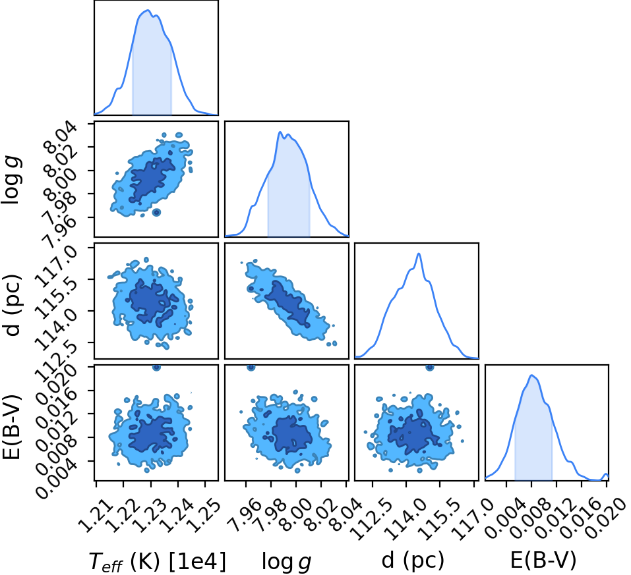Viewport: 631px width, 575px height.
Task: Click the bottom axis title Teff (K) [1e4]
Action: [x=158, y=561]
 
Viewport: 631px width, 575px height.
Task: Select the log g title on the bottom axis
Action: [x=287, y=561]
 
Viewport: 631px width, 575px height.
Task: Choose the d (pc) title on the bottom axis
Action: [x=413, y=561]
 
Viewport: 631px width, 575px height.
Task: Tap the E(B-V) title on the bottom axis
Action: [x=543, y=561]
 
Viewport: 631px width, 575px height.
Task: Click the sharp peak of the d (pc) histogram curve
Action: [x=419, y=254]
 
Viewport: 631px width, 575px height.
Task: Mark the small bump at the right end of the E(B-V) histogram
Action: [x=606, y=476]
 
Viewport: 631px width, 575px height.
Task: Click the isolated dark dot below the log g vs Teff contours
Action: [x=156, y=212]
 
